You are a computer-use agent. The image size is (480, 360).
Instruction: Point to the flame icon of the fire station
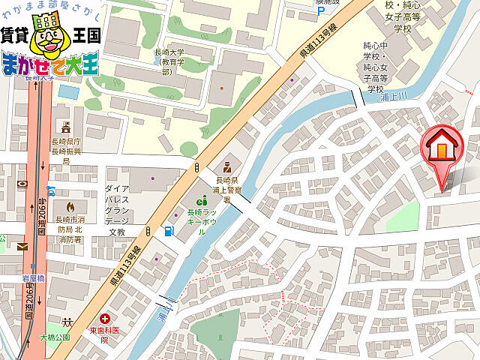[70, 205]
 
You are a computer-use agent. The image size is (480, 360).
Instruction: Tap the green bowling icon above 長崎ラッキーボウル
[201, 200]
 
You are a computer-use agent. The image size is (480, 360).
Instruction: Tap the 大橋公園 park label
[54, 337]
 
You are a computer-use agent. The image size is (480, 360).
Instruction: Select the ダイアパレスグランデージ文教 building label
[118, 210]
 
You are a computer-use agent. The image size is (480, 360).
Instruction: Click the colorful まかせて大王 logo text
[50, 65]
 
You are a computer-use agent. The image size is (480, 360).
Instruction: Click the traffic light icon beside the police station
[197, 166]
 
